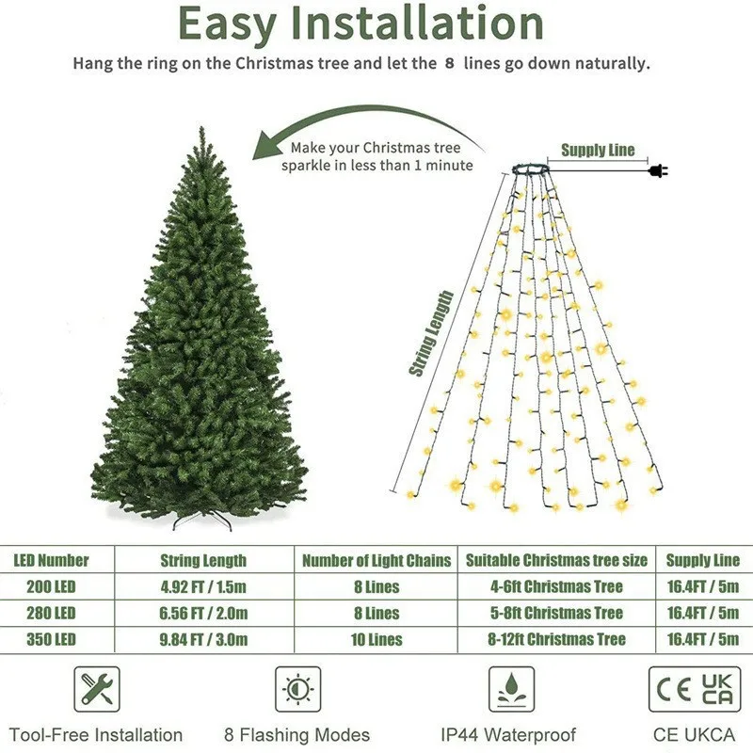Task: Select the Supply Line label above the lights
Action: click(598, 150)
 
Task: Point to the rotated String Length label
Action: click(431, 334)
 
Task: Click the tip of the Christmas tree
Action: click(200, 130)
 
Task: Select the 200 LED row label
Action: click(45, 586)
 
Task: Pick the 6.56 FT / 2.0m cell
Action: click(204, 613)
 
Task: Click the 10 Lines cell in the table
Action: click(376, 639)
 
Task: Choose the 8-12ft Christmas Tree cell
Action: click(557, 639)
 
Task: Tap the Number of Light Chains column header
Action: click(376, 560)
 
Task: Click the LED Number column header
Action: click(51, 560)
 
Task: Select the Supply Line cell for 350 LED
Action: click(702, 639)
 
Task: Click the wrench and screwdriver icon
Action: click(96, 689)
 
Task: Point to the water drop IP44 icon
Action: click(511, 689)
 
